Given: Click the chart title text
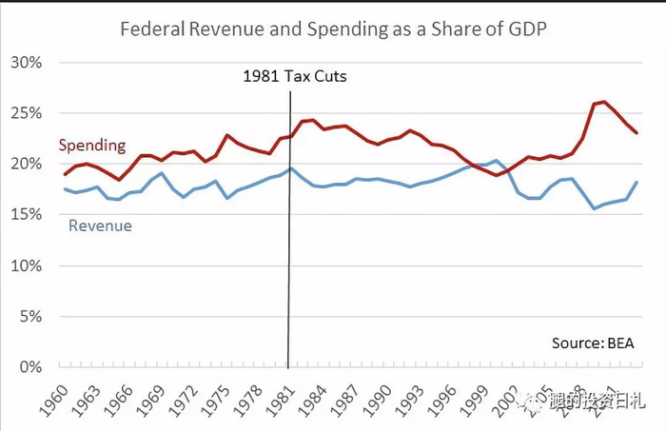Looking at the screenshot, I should click(x=333, y=29).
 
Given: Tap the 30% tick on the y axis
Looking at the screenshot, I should click(x=31, y=63).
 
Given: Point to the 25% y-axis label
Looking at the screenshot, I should click(x=31, y=113).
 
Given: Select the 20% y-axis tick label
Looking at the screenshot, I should click(x=31, y=164).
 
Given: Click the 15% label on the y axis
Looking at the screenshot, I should click(x=31, y=215).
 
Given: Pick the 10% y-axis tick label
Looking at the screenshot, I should click(x=31, y=265).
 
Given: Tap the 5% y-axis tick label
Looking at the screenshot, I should click(x=35, y=316).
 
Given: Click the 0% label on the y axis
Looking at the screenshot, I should click(x=35, y=366).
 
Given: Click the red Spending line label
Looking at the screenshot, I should click(x=92, y=146).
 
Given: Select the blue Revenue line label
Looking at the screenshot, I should click(x=100, y=225).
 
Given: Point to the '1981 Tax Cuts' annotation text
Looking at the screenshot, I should click(x=293, y=76).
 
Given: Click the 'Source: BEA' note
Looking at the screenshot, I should click(x=593, y=343).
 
